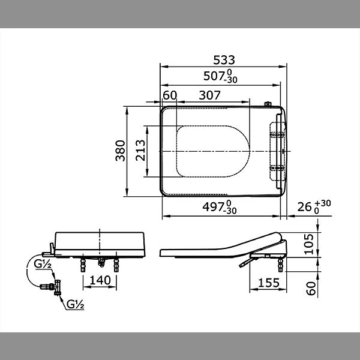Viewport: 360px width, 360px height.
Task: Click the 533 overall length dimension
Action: coord(224,60)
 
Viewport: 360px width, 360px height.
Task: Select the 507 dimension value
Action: coord(220,76)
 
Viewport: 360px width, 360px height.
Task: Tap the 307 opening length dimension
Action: coord(209,95)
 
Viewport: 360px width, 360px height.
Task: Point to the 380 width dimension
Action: coord(121,151)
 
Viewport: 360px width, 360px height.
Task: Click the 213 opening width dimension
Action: coord(140,151)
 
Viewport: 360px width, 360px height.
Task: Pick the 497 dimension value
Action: coord(220,207)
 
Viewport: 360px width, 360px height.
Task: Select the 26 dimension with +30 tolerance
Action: coord(314,206)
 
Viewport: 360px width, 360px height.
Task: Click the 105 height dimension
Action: coord(309,244)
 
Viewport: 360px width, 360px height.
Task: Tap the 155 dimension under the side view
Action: coord(269,283)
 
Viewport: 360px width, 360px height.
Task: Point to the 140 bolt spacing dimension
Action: coord(100,280)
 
